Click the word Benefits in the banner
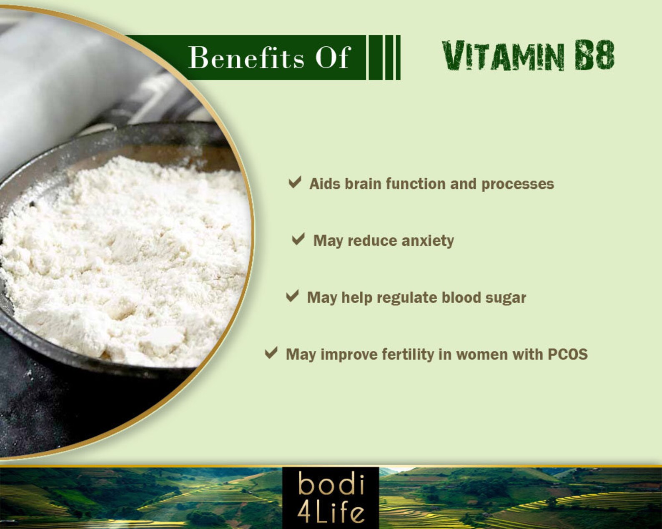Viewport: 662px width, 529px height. (x=246, y=57)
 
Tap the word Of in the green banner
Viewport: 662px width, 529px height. (x=332, y=57)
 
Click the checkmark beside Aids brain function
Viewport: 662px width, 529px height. (x=295, y=182)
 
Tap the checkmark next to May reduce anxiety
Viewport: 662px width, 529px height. (x=298, y=239)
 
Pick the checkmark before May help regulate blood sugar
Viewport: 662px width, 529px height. (x=292, y=296)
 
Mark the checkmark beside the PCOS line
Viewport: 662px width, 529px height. (x=271, y=353)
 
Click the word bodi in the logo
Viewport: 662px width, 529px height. (x=331, y=485)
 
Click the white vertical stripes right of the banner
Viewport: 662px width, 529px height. (x=384, y=57)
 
